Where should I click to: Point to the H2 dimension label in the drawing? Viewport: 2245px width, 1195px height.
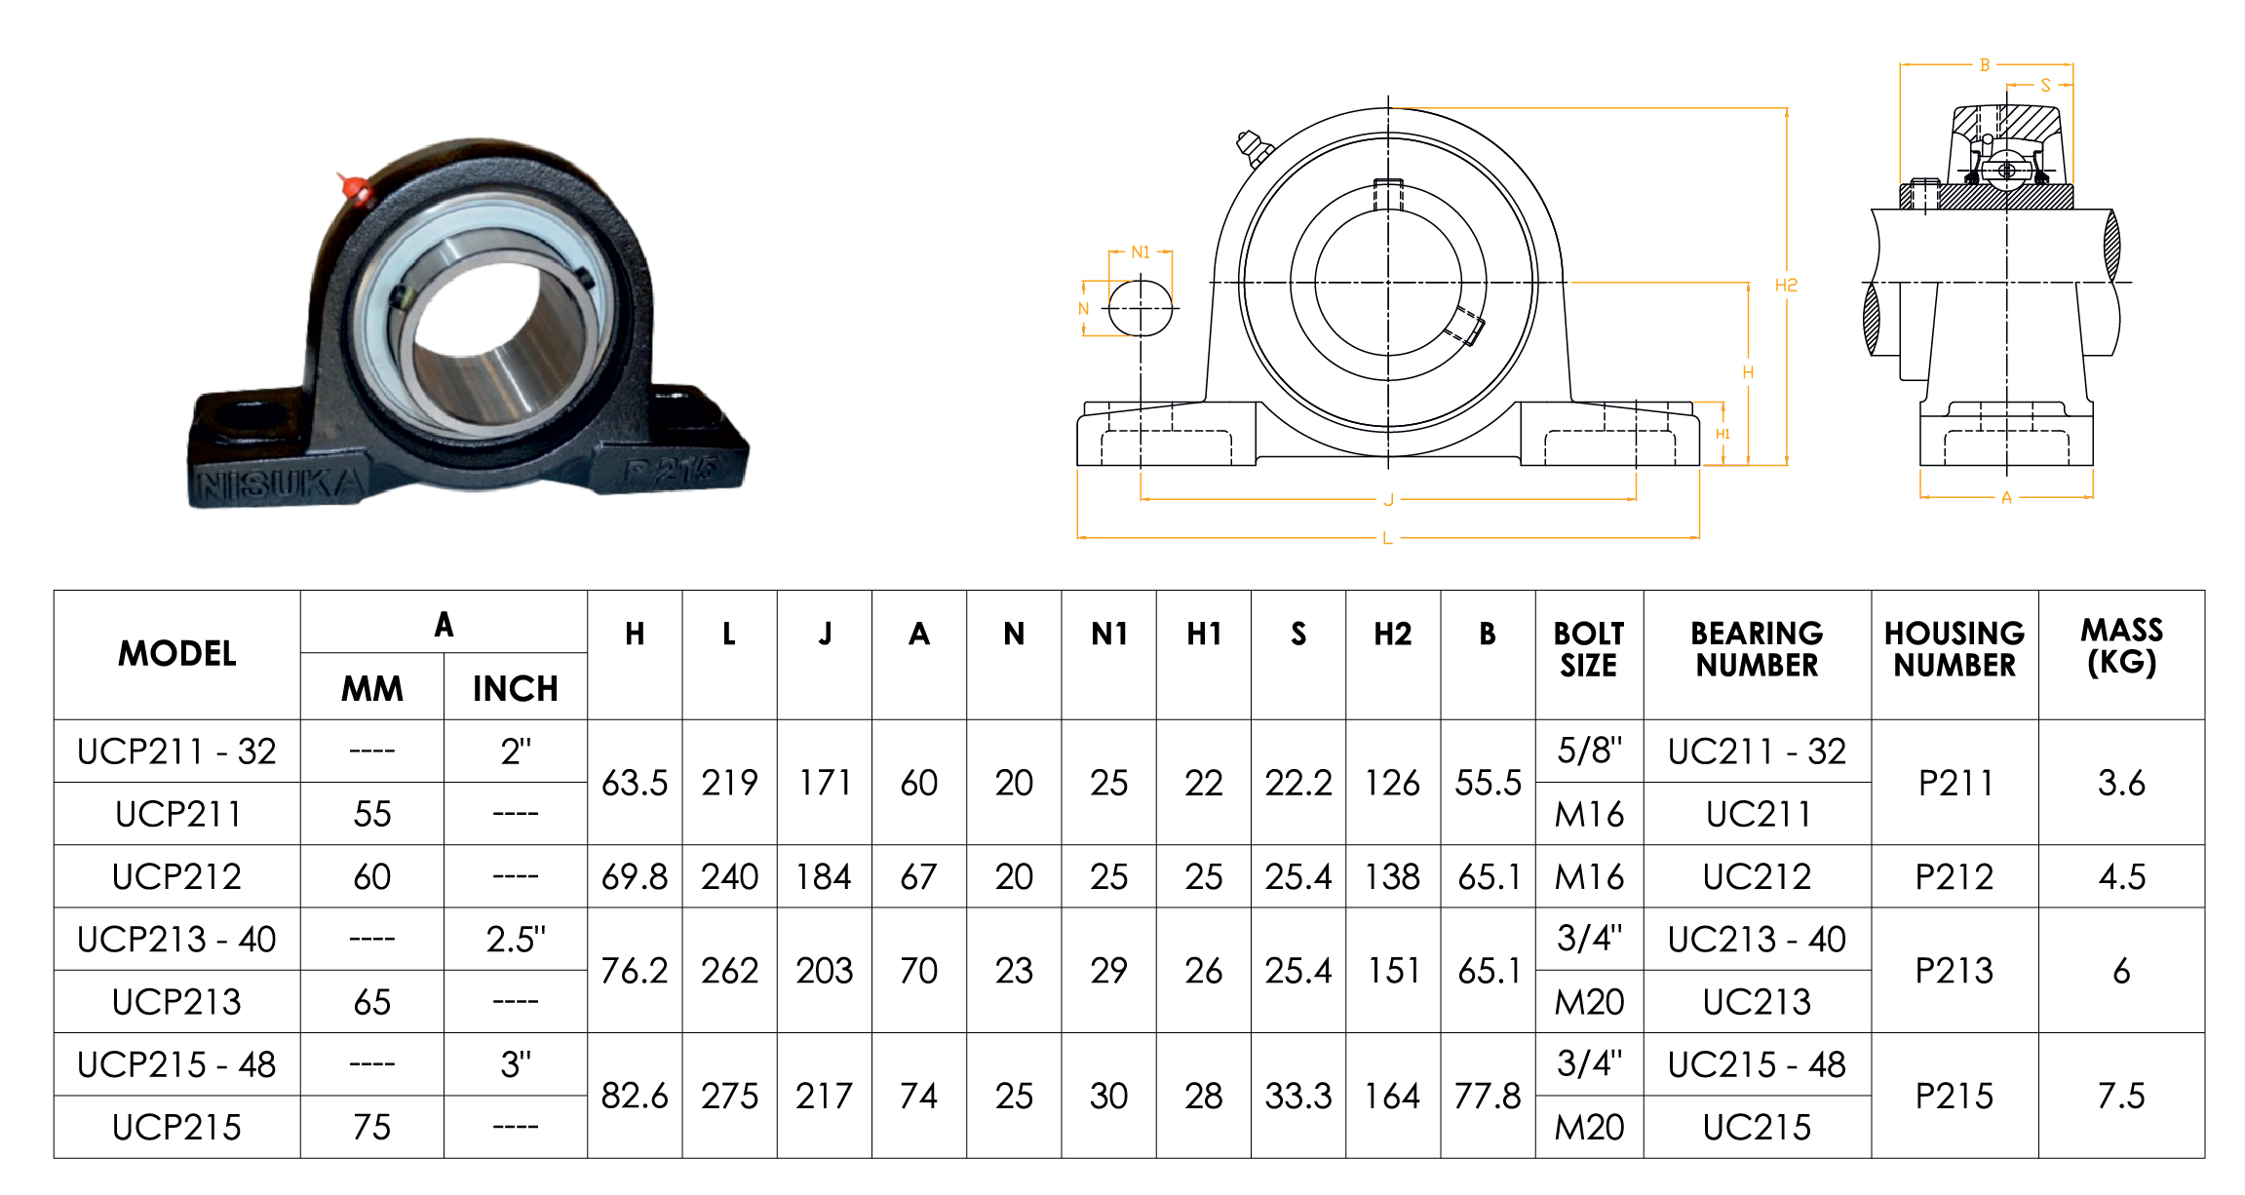coord(1786,286)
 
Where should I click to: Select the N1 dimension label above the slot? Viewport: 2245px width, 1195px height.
coord(1141,252)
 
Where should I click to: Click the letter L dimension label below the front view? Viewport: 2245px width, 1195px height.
coord(1387,538)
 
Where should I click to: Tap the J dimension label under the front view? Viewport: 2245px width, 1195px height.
coord(1388,500)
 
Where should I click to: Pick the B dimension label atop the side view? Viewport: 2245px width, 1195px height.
coord(1985,65)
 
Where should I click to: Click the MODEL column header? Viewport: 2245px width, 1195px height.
coord(177,654)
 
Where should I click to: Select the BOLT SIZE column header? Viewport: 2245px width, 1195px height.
coord(1589,649)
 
